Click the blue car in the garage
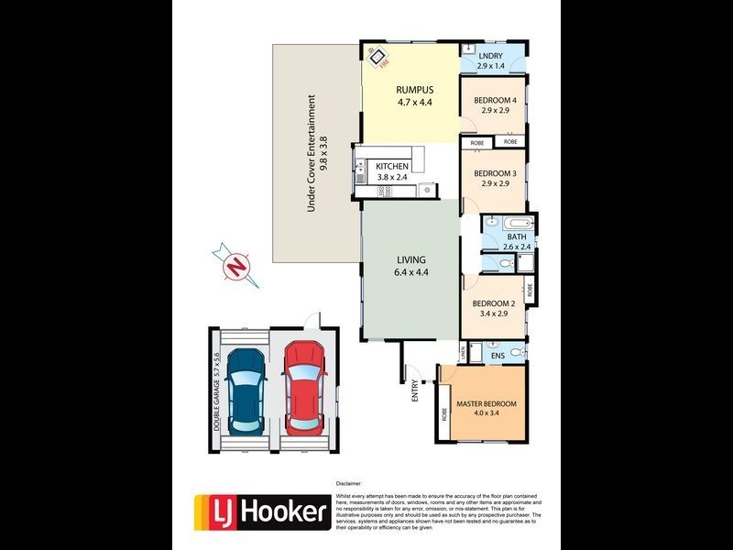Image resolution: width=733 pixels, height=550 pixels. tap(245, 389)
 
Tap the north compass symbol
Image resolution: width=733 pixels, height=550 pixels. tap(237, 265)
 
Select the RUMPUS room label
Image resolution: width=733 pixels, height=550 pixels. tap(413, 90)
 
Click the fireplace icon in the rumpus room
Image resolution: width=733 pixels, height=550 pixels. tap(377, 57)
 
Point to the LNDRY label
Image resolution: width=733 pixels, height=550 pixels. tap(491, 56)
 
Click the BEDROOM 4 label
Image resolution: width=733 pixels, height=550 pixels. tap(495, 101)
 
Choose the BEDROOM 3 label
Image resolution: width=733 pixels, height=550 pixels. tap(495, 173)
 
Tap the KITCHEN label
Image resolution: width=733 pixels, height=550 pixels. tap(392, 167)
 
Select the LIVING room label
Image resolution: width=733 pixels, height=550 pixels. tap(410, 259)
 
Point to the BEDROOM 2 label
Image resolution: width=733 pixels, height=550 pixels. tap(494, 303)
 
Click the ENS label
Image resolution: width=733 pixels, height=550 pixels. tap(498, 355)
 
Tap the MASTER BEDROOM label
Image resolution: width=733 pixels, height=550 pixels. tap(486, 404)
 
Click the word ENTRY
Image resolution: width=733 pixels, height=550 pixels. tap(415, 391)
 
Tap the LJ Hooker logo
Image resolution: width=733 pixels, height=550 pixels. tap(261, 511)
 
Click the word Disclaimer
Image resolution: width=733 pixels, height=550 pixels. tap(349, 482)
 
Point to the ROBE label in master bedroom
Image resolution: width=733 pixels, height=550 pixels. tap(444, 412)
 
